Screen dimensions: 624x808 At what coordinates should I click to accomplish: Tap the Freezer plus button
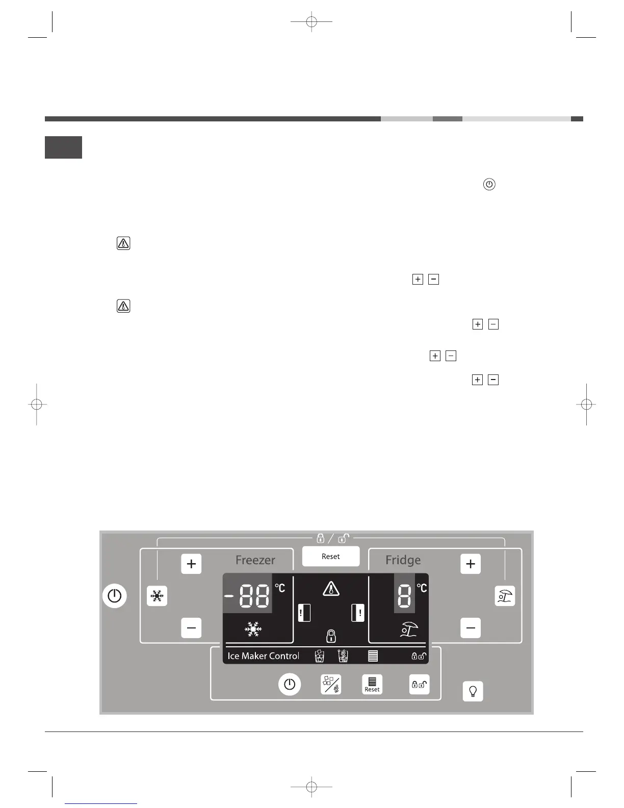tap(191, 564)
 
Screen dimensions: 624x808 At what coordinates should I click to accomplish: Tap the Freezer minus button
tap(191, 628)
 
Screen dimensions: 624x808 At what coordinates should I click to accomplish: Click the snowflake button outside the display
tap(157, 596)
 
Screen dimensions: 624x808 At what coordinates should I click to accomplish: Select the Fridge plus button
tap(471, 564)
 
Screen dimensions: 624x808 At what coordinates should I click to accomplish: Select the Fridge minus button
tap(471, 628)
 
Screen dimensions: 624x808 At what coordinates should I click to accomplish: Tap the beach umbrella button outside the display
tap(505, 596)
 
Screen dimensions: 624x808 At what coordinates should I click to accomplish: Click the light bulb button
tap(473, 691)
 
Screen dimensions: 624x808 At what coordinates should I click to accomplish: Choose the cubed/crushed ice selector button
tap(331, 685)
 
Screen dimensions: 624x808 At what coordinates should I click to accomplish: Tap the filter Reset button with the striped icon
tap(372, 685)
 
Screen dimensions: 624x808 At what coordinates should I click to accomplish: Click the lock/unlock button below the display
tap(419, 685)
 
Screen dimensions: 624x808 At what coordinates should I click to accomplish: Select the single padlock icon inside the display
tap(331, 636)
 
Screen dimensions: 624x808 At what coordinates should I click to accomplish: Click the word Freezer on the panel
tap(255, 560)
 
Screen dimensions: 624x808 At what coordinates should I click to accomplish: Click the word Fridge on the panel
tap(403, 560)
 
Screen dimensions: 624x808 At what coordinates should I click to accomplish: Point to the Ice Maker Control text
tap(263, 656)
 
